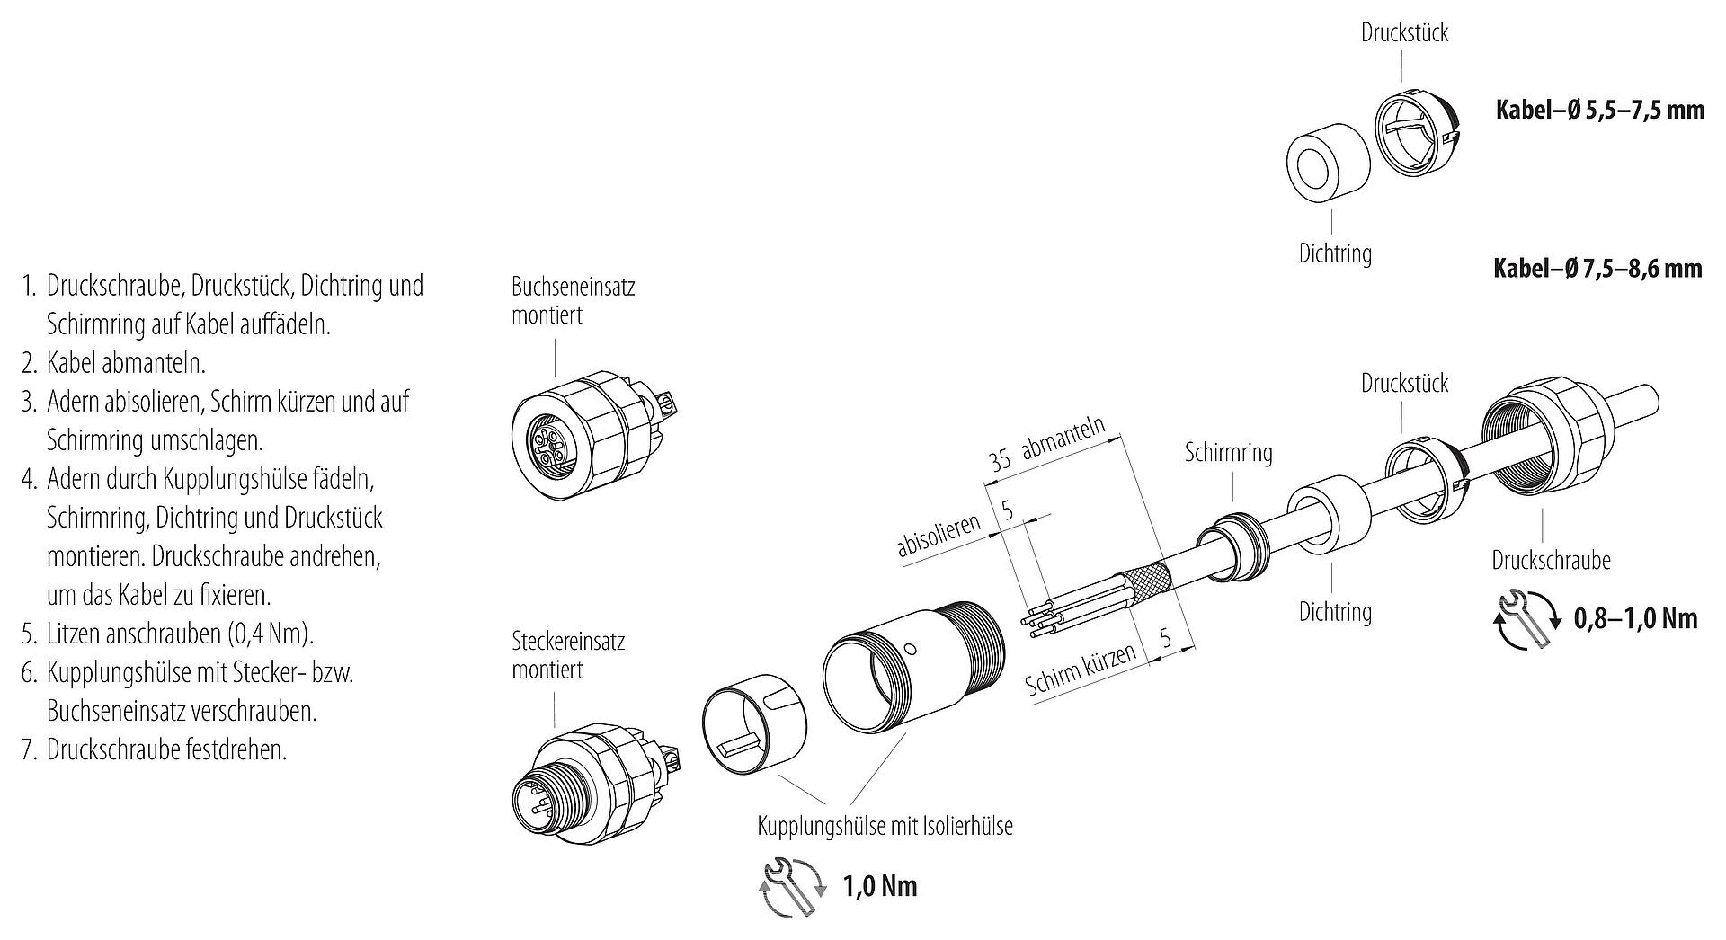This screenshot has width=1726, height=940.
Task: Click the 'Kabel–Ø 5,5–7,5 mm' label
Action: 1599,110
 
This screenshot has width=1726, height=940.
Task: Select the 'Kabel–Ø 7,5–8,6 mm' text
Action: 1597,268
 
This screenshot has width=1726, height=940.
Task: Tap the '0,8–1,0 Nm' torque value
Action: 1635,618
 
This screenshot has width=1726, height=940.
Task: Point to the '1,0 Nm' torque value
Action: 880,887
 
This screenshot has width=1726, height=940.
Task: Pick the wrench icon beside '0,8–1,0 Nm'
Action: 1526,618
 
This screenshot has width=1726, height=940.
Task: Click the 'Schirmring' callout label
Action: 1228,452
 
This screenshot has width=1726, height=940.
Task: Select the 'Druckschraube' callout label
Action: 1551,560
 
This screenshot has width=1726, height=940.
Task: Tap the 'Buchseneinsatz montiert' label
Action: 573,301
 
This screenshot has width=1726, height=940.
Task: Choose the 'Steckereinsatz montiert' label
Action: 567,655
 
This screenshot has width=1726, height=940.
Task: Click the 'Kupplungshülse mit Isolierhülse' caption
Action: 885,826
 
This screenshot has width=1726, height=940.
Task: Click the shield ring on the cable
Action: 1233,544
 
